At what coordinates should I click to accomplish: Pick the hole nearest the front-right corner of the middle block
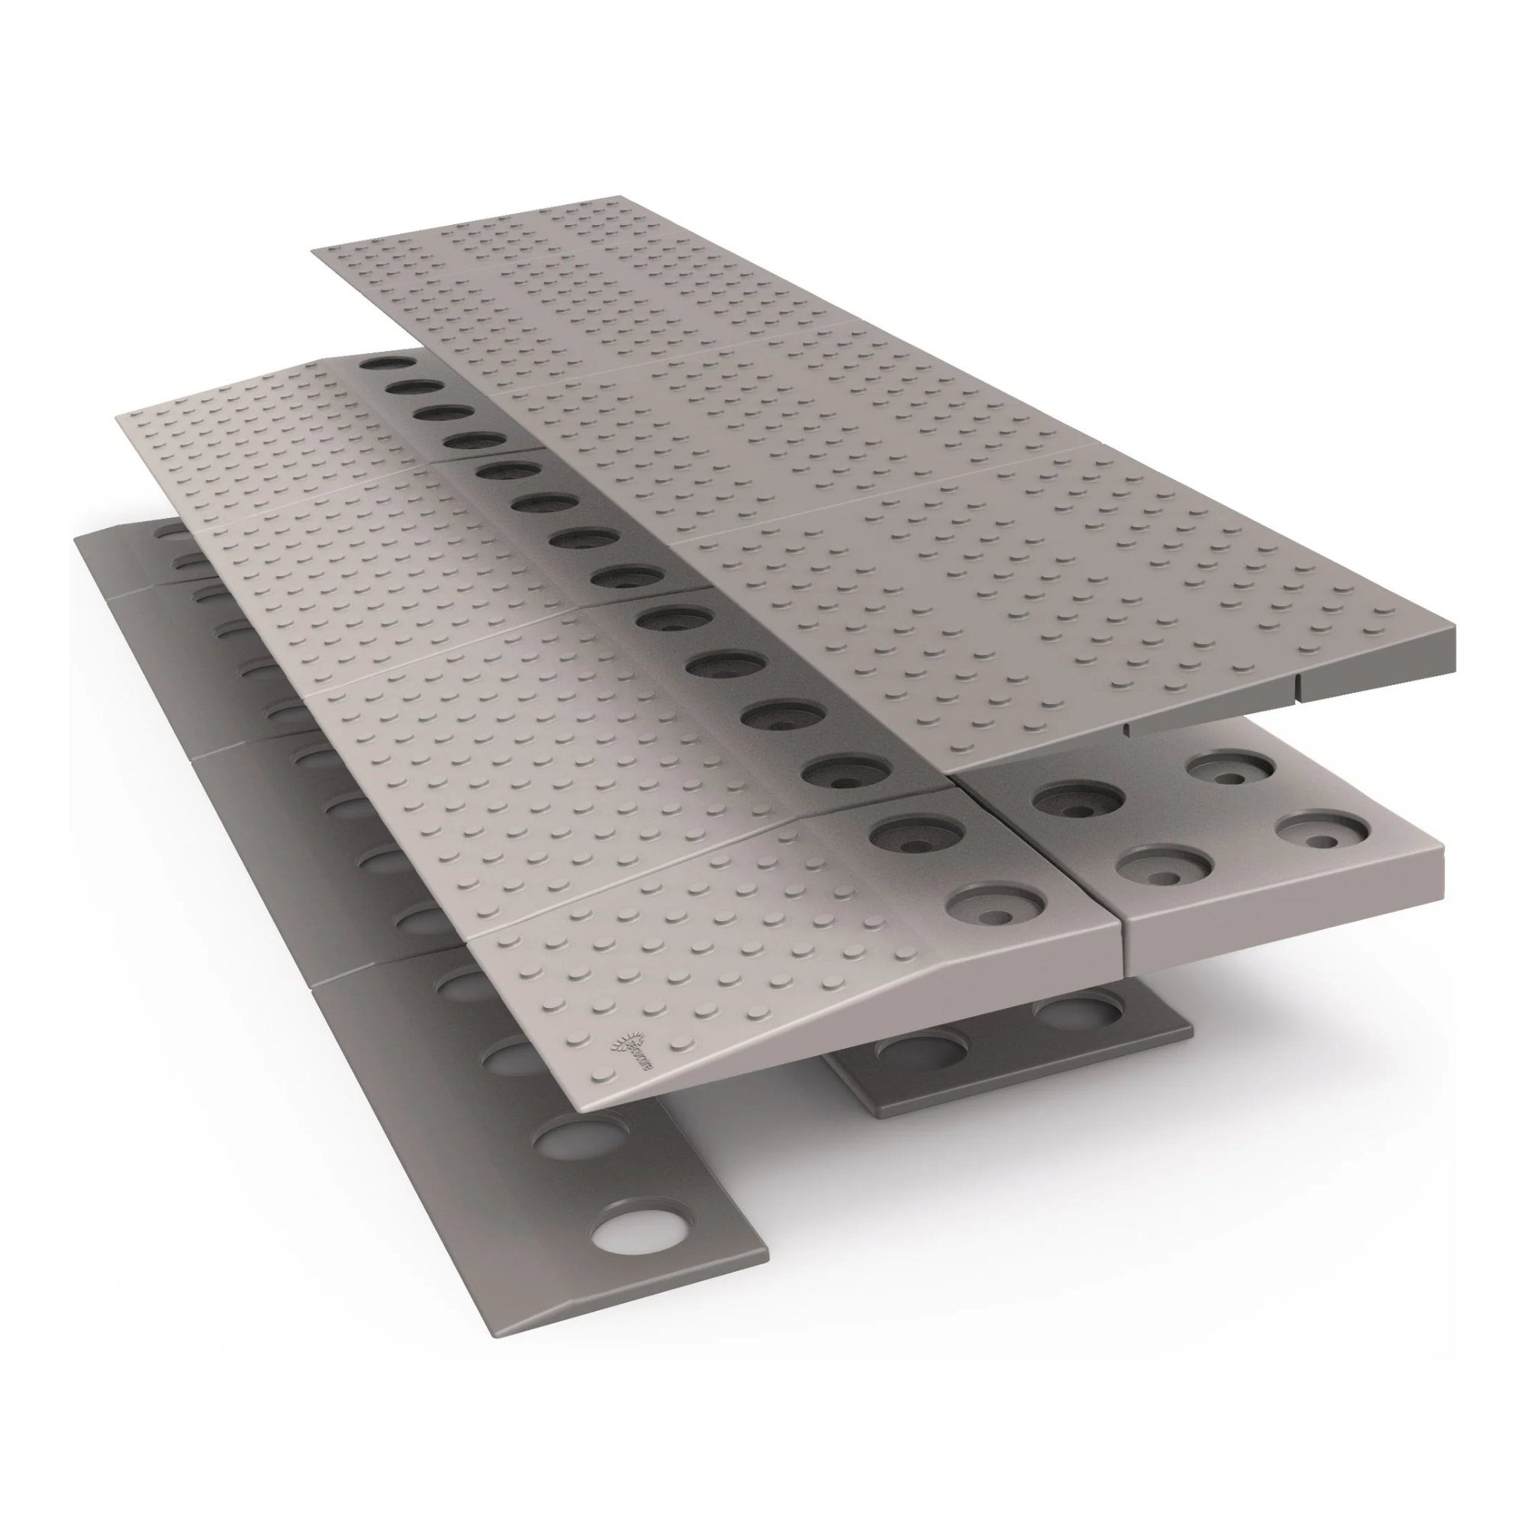(x=1323, y=828)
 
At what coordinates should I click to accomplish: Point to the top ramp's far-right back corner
(x=621, y=197)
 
